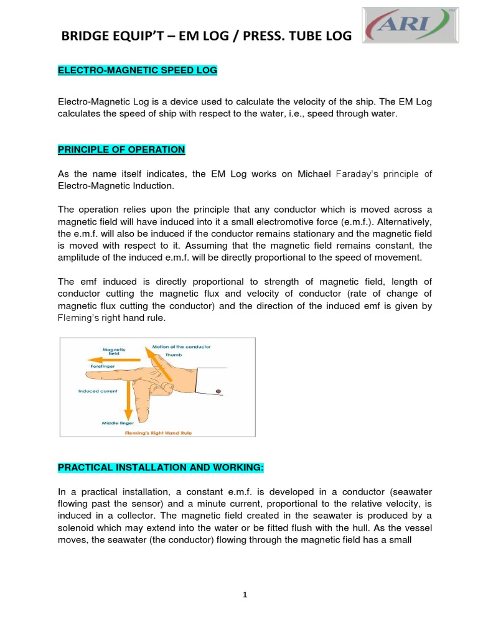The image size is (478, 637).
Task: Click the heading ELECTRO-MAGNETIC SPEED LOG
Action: point(138,70)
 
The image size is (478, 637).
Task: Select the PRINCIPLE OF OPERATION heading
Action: point(121,149)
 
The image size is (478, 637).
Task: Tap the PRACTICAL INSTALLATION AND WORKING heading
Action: point(166,467)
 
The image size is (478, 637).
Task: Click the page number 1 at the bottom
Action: point(245,595)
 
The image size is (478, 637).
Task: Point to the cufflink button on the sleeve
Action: point(219,391)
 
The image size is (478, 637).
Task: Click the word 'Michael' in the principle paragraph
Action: point(314,174)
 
